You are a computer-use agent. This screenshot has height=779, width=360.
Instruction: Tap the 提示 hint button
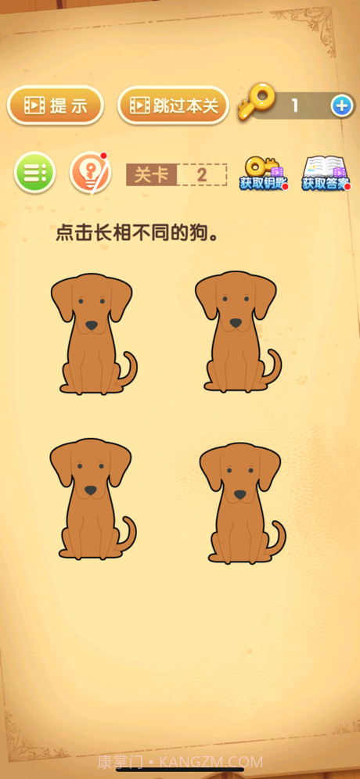tap(56, 106)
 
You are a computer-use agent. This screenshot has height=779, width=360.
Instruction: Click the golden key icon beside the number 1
tap(257, 102)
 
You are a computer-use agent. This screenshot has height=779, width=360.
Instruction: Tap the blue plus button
tap(341, 106)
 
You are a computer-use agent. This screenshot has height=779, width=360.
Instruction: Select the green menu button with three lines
tap(34, 173)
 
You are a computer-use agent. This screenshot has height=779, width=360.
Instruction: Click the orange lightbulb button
tap(90, 173)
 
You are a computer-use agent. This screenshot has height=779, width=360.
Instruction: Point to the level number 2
tap(202, 174)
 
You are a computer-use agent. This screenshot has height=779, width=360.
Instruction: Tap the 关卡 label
tap(151, 174)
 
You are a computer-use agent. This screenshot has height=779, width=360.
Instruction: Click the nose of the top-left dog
tap(92, 325)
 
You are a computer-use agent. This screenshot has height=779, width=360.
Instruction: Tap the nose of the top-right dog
tap(236, 322)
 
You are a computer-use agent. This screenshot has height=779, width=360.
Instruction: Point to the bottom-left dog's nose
tap(91, 490)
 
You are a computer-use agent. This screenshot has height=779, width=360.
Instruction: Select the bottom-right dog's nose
tap(239, 494)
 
